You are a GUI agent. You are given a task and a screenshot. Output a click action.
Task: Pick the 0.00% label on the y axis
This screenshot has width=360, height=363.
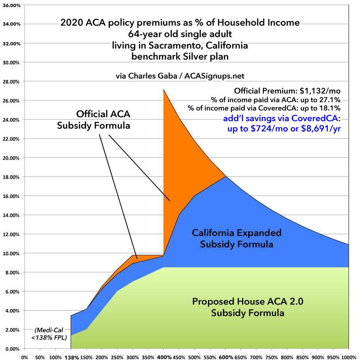[x=12, y=349]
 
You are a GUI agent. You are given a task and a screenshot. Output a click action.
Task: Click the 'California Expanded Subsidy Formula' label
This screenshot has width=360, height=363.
[x=236, y=238]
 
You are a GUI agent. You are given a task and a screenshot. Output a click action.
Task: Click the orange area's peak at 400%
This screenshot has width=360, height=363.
[x=164, y=90]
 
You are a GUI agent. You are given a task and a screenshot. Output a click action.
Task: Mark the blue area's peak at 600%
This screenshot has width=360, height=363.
[x=225, y=176]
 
